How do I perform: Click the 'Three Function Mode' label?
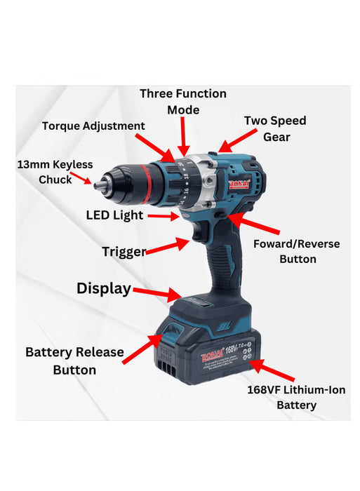182,102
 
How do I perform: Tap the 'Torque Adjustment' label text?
93,126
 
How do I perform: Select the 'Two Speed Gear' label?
275,128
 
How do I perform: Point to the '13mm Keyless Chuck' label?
55,172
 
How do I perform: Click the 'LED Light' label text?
114,215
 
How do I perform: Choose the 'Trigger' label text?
124,252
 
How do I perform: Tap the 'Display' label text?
104,288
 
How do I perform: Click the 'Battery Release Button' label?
74,361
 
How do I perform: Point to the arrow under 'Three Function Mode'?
184,135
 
